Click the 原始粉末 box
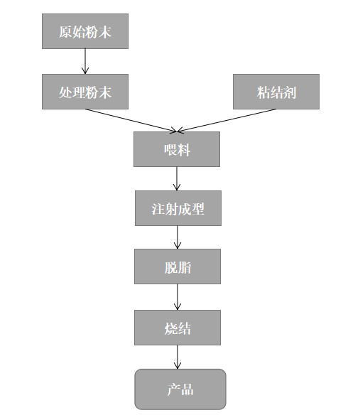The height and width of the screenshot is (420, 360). [x=85, y=31]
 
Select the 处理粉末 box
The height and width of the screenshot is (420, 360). [x=85, y=92]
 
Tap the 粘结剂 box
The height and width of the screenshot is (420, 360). [x=276, y=92]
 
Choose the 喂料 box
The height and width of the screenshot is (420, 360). [x=177, y=149]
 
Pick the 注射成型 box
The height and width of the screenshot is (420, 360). [x=178, y=208]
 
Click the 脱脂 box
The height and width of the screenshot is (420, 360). [x=178, y=266]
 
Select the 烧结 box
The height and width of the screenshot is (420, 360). [x=178, y=328]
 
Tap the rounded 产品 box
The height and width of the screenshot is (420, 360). [x=180, y=389]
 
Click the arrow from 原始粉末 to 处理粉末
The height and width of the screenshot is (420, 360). [x=85, y=61]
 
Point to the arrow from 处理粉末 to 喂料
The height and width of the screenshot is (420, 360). [x=131, y=121]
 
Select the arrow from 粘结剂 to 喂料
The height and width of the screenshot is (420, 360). [x=227, y=121]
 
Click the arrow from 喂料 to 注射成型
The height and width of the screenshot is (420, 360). [x=177, y=178]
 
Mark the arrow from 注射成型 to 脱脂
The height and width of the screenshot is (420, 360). [x=178, y=237]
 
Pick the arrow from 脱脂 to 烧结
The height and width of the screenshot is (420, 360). [x=178, y=297]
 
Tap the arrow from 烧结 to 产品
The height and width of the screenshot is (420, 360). [x=178, y=357]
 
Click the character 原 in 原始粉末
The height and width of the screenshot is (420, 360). [x=65, y=32]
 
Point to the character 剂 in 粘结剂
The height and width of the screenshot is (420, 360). [x=290, y=92]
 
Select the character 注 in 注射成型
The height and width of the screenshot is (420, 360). [x=158, y=209]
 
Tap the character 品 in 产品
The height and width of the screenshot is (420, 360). [x=187, y=389]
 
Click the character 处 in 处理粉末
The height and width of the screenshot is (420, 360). [x=65, y=92]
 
